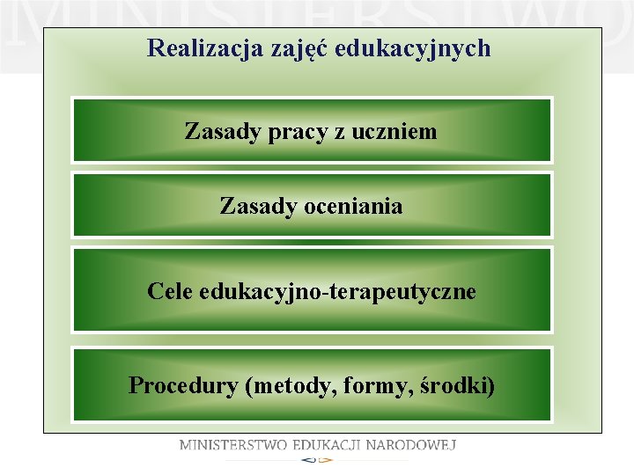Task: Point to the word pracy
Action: [x=292, y=134]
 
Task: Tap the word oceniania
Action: [x=352, y=207]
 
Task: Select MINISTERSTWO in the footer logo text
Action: [x=233, y=445]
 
